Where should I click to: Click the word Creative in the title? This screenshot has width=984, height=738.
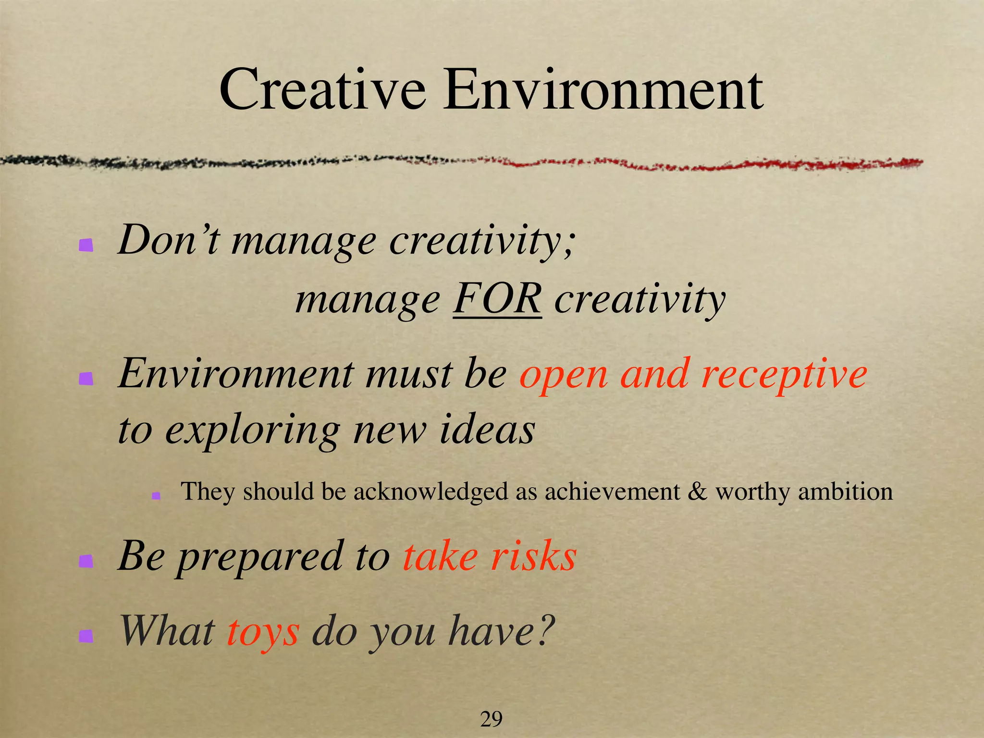coord(322,90)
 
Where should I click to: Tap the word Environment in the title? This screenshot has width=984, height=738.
coord(603,90)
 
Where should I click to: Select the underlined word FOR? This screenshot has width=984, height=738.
coord(497,299)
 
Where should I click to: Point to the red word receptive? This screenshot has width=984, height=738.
coord(784,375)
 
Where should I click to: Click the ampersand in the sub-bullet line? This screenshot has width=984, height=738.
coord(698,492)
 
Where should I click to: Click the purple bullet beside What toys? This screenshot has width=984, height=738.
coord(86,636)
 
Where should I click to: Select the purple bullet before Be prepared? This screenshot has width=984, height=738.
coord(86,561)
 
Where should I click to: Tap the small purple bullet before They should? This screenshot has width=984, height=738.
coord(156,495)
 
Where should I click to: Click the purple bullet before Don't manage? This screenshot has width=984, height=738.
coord(86,246)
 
